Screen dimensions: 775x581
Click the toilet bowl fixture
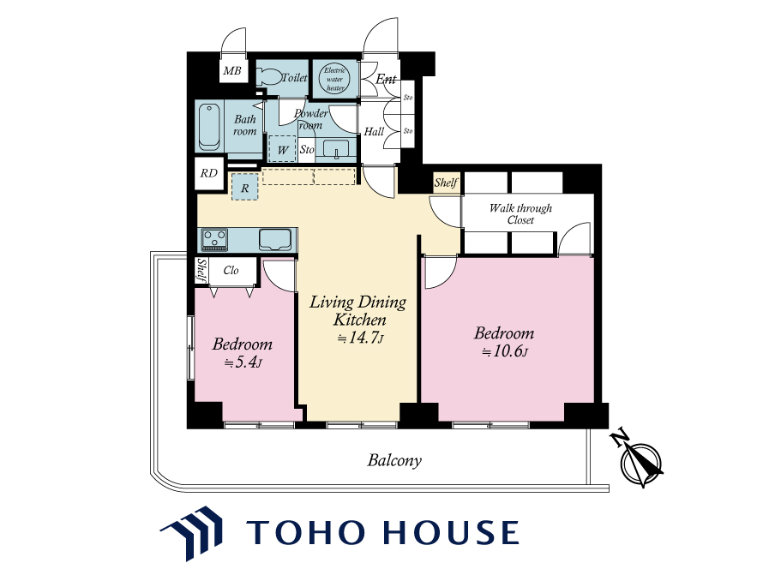coord(268,77)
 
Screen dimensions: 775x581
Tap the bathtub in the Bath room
coord(209,127)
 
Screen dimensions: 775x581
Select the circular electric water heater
coord(334,79)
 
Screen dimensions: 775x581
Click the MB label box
coord(232,70)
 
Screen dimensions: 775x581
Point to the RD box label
coord(209,173)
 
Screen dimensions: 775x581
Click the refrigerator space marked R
coord(245,188)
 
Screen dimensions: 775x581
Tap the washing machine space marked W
coord(283,149)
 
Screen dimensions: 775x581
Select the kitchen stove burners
coord(214,240)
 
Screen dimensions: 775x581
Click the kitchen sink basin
coord(275,240)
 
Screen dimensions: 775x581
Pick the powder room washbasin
coord(335,149)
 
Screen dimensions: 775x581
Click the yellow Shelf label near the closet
coord(447,183)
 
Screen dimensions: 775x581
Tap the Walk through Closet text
coord(521,214)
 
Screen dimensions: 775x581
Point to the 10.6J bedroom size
coord(506,351)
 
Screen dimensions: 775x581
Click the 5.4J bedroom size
coord(243,362)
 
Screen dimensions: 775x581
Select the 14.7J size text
coord(360,338)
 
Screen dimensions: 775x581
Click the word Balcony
coord(394,460)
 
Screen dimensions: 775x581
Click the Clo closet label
coord(231,270)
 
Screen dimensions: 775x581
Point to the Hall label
coord(374,131)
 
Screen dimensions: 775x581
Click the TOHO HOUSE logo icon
coord(192,533)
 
